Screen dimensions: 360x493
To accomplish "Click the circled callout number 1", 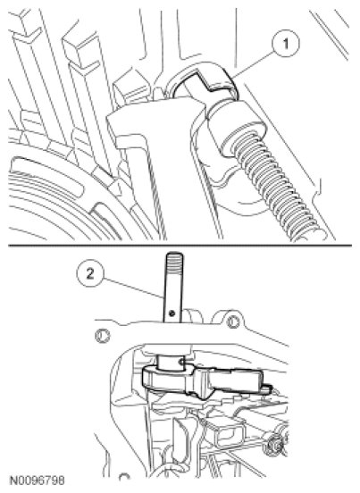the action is (x=286, y=44).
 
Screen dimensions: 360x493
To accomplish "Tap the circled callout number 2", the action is (x=90, y=274).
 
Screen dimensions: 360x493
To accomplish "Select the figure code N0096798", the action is (x=38, y=480).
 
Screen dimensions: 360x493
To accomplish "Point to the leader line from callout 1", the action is (x=253, y=64).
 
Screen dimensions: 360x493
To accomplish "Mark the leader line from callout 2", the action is (x=133, y=288).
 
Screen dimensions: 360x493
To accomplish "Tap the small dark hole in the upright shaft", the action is (x=172, y=313).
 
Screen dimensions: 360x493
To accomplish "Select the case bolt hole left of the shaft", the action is (x=103, y=336).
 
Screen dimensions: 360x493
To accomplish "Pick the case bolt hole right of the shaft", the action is (x=232, y=322).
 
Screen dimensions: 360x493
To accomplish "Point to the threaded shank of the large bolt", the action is (x=277, y=188).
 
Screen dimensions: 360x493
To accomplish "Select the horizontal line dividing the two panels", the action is (x=180, y=246).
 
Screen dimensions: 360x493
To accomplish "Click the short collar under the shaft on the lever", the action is (x=172, y=363).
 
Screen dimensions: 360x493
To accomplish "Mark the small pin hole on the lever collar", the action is (x=182, y=363).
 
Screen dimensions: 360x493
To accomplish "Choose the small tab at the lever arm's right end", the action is (x=267, y=389).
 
